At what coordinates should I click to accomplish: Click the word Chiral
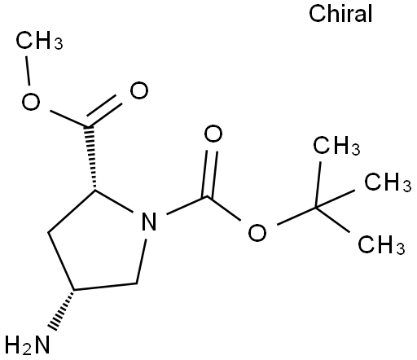coord(340,14)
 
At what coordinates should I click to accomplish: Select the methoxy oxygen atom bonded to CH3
coord(31,102)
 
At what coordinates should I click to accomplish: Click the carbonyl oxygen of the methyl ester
coord(139,90)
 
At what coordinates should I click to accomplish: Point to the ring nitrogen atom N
coord(149,221)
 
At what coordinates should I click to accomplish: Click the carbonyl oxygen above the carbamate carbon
coord(213,134)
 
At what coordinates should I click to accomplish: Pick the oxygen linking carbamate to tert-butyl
coord(257,232)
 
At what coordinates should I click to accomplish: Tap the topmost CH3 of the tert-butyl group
coord(336,146)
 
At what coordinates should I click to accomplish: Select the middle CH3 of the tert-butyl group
coord(388,182)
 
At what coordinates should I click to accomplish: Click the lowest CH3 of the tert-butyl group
coord(381,244)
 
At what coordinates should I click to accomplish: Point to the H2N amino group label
coord(28,345)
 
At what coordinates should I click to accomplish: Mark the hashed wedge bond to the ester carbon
coord(90,157)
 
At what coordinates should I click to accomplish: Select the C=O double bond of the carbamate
coord(209,173)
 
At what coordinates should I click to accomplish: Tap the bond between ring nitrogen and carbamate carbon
coord(187,205)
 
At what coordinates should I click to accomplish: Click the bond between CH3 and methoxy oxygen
coord(28,71)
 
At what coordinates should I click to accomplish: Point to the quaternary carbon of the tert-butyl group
coord(316,208)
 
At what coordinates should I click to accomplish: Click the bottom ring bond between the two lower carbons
coord(105,287)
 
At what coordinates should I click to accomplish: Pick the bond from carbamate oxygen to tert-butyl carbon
coord(296,216)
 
